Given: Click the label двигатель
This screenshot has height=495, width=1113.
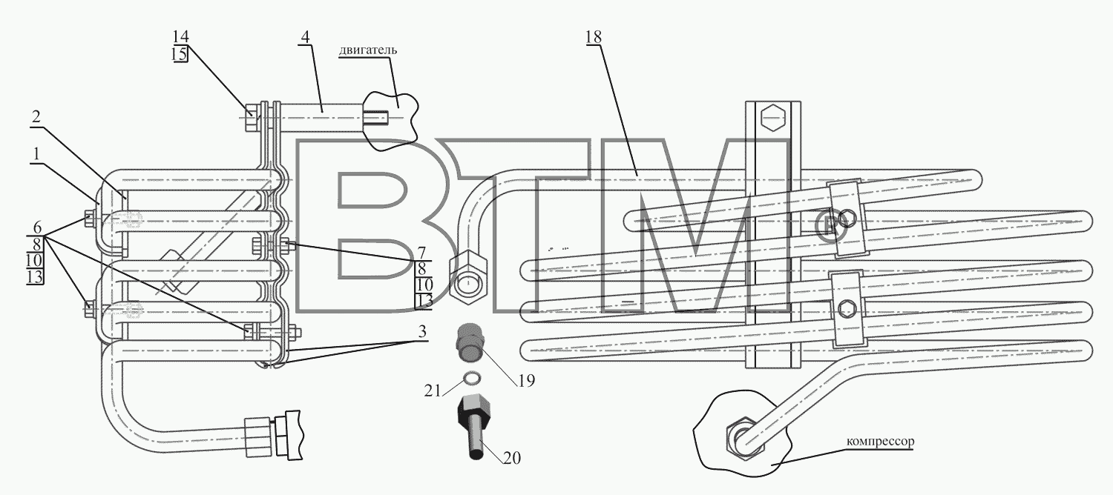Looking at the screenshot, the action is tap(368, 50).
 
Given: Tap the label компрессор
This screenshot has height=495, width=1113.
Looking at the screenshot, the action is tap(880, 441).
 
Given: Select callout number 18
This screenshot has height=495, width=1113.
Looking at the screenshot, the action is tap(594, 37).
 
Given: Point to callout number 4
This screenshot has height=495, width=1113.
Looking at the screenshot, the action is tap(304, 37).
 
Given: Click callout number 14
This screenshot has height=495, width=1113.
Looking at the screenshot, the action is tap(181, 36).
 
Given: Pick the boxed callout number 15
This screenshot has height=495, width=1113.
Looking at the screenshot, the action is tap(180, 53).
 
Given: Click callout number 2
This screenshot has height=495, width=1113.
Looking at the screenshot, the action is tap(36, 117).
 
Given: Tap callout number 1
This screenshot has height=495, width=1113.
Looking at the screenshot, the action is tap(36, 155).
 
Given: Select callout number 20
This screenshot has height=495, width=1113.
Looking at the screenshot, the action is tap(512, 458).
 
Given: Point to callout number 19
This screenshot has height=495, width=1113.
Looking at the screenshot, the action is tap(525, 380).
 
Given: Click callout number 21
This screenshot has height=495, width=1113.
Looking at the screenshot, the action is tap(433, 391).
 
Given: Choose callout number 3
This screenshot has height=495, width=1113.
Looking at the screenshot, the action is tap(422, 331).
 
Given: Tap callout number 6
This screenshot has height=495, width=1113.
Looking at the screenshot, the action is tap(37, 227).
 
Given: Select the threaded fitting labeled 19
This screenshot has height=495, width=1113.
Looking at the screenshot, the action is tap(468, 342).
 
